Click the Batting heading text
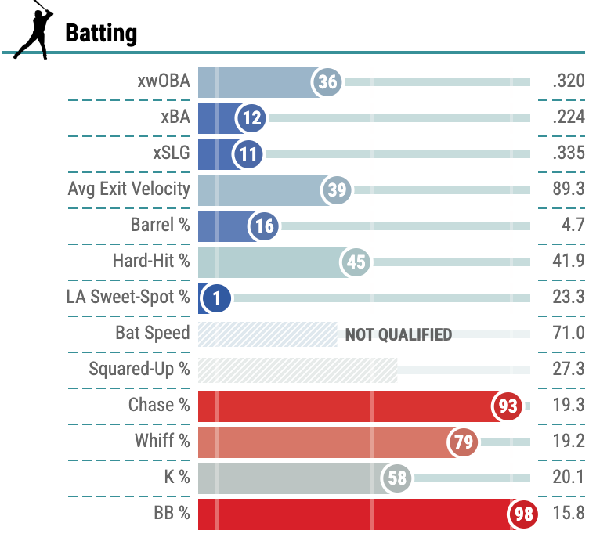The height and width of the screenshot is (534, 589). point(101,34)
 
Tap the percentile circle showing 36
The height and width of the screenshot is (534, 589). point(327,82)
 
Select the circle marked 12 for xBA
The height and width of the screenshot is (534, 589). point(252,118)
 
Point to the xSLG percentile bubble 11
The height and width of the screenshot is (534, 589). point(248,154)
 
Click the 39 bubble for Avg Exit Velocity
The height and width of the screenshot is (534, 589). point(338,189)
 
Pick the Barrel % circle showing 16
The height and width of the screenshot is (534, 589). point(264,226)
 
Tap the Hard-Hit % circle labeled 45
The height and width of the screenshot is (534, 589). point(356,262)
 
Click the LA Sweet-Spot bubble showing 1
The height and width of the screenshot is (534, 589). point(216,298)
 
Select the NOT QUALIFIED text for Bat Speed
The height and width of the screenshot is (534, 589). point(398,334)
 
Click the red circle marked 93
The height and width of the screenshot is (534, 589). point(508,406)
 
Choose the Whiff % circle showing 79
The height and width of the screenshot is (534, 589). point(464,442)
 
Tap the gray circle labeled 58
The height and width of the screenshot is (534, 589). point(398,478)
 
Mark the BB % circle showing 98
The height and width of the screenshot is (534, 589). point(522,514)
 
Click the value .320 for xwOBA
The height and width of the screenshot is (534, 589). point(568,81)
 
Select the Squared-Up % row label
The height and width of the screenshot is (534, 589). point(139,369)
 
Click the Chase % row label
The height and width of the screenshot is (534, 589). point(159,405)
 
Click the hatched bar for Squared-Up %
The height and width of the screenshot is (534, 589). point(298,370)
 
